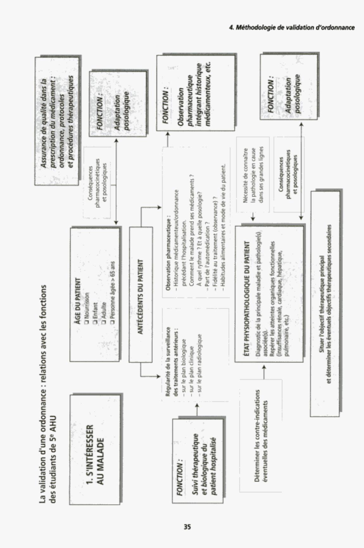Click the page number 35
point(187,527)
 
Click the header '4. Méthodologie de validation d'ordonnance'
point(292,27)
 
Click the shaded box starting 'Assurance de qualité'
point(56,120)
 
